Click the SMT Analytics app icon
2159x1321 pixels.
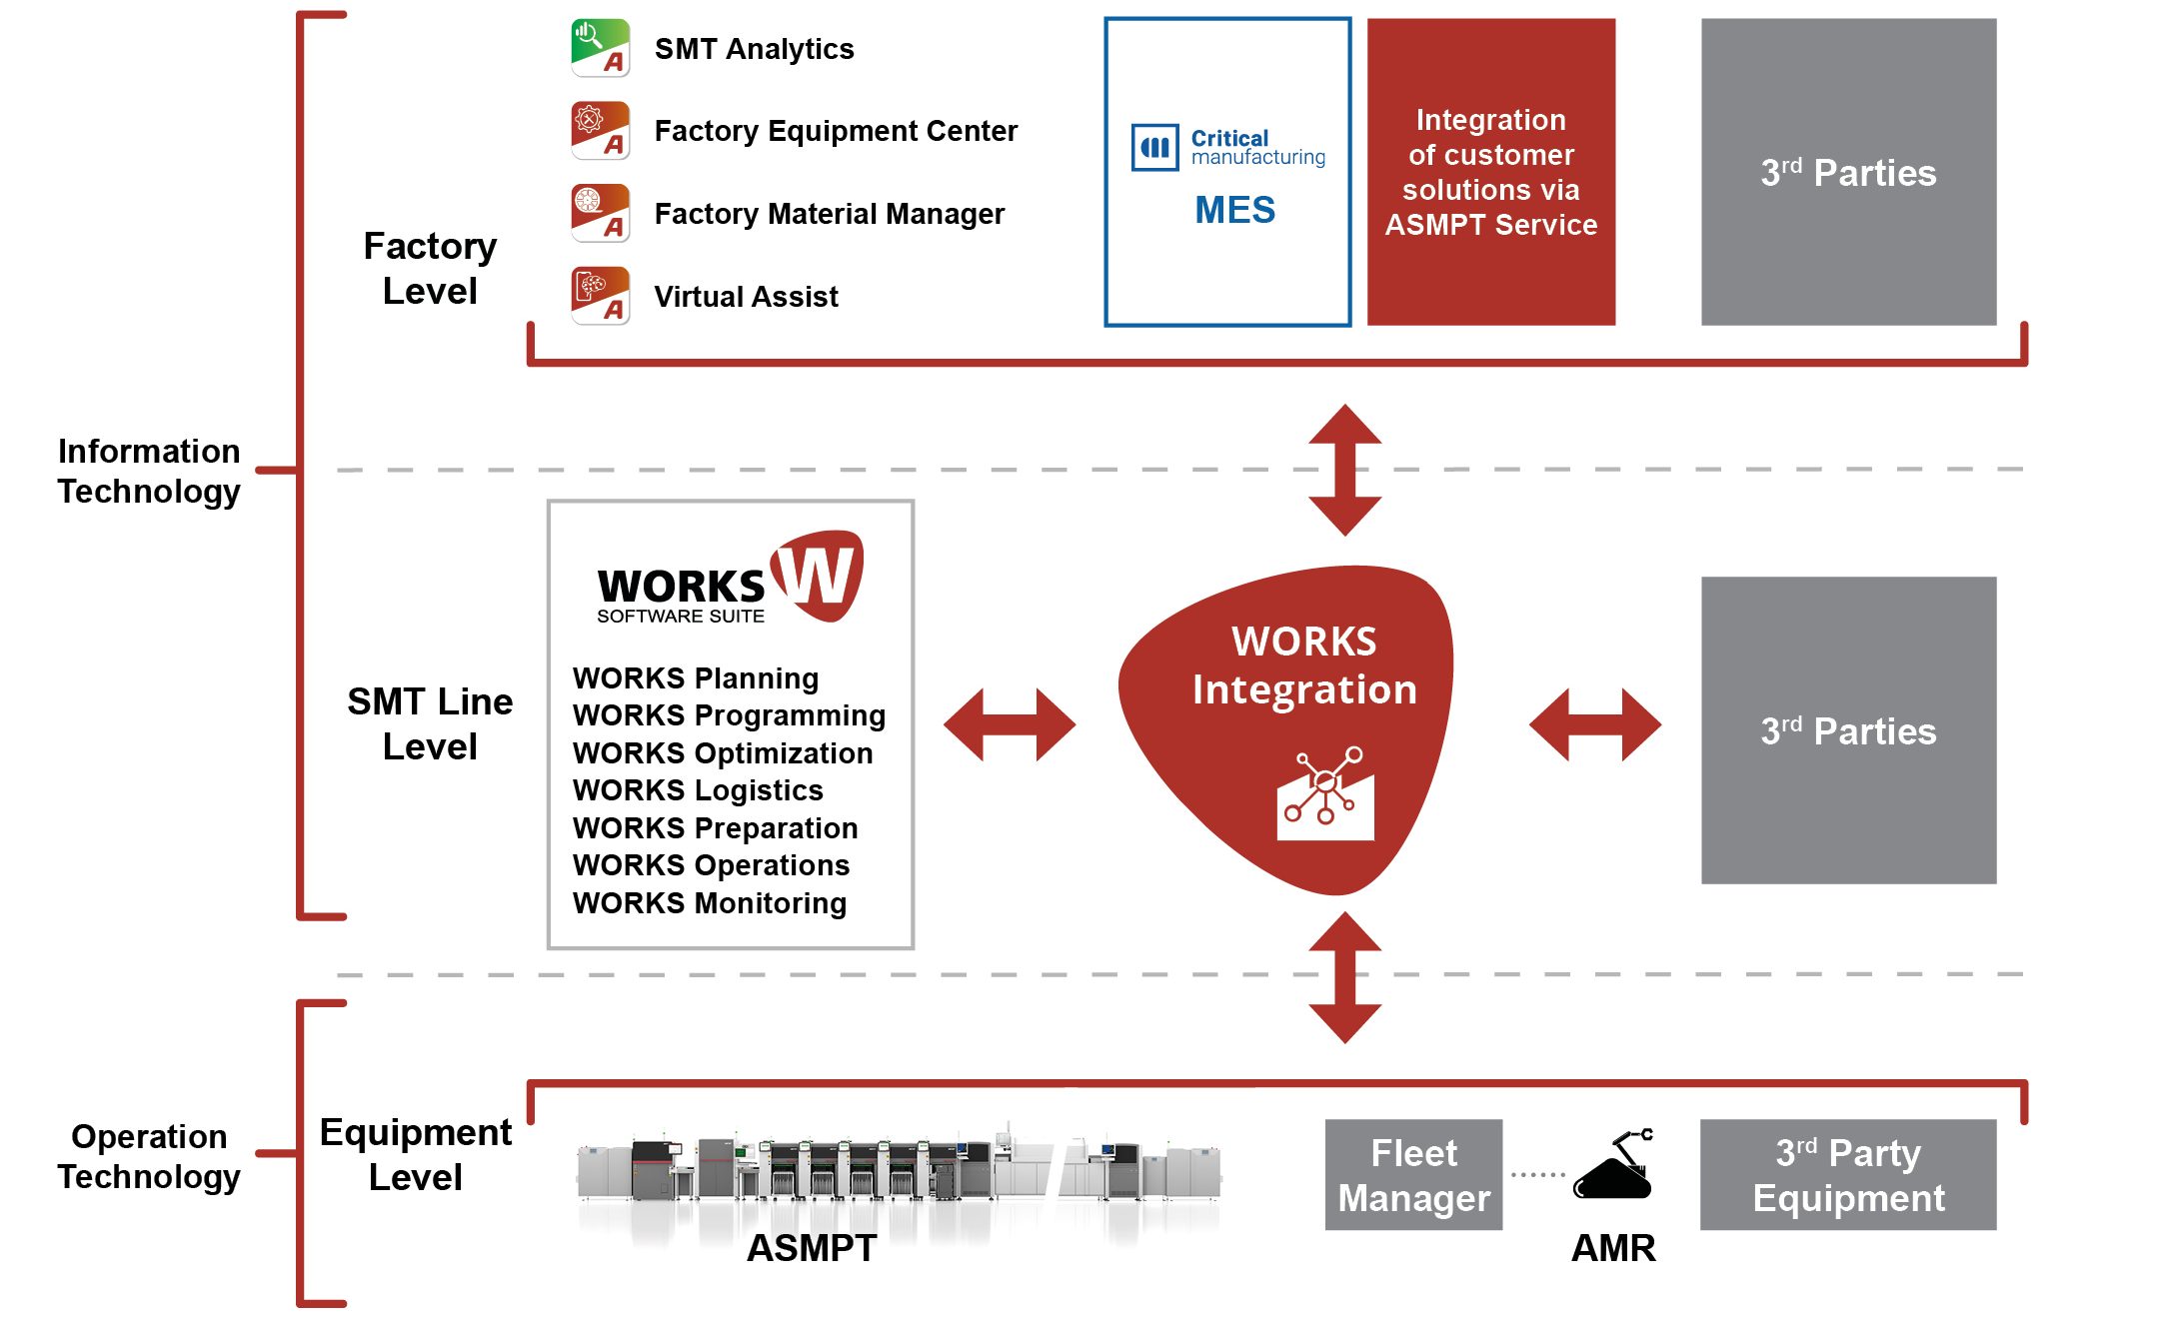600,48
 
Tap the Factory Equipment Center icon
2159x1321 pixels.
600,131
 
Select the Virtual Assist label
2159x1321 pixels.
746,297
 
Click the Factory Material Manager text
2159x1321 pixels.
829,214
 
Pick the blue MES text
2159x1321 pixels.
1235,210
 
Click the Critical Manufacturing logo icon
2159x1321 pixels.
1154,148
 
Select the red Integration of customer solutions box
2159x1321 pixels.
1491,172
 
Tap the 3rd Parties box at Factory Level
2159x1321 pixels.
1849,172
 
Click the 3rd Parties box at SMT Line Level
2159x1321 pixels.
1849,730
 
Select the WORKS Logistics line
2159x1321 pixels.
698,790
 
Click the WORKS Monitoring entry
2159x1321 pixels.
710,903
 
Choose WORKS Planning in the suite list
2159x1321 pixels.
696,678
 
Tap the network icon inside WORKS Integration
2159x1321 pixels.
1325,793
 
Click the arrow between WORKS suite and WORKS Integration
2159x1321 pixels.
1010,724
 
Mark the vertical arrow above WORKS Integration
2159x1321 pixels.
1345,470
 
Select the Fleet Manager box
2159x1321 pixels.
1413,1175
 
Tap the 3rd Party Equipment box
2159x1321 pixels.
1848,1175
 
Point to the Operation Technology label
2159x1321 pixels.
149,1156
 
